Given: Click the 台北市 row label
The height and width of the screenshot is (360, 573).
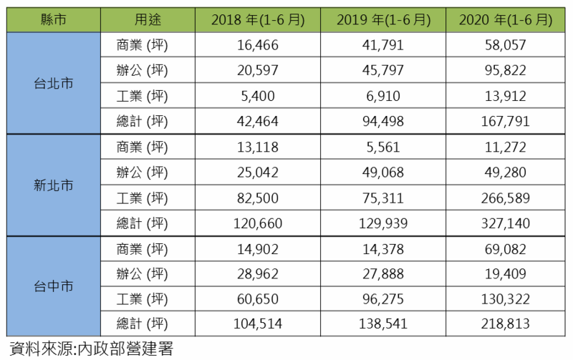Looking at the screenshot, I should pos(53,83).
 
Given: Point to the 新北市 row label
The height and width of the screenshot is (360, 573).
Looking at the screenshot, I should pos(53,185).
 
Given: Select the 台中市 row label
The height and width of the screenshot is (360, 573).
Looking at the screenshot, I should pos(53,287).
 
